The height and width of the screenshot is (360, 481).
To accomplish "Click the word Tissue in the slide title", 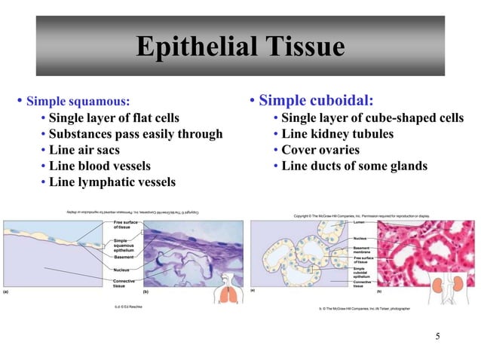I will tap(303, 47).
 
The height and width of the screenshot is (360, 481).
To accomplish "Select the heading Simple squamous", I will tap(78, 101).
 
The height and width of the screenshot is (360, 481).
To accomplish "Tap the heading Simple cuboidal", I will tap(316, 100).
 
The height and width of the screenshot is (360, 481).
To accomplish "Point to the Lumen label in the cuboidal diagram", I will tap(359, 223).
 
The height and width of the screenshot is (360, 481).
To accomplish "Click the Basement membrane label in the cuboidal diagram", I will tap(361, 249).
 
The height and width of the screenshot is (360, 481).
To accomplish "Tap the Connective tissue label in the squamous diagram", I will tap(124, 283).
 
